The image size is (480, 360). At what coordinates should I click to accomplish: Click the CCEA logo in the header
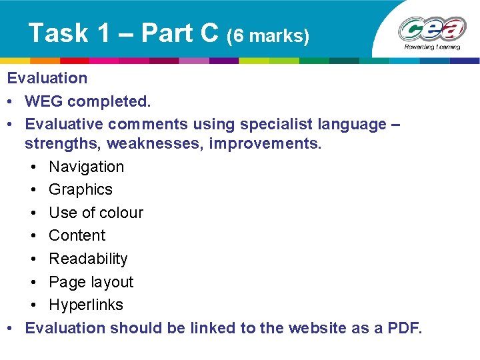432,31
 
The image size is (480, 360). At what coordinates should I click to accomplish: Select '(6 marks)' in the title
269,35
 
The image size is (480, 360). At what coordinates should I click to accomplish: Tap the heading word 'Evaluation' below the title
47,78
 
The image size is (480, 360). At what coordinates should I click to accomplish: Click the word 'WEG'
43,101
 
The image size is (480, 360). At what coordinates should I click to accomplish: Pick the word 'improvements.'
265,144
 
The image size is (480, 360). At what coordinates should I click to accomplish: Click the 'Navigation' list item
87,167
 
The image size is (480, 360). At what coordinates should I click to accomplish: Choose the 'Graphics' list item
81,189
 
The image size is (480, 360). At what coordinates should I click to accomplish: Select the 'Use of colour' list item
96,213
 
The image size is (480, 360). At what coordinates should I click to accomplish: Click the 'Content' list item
77,235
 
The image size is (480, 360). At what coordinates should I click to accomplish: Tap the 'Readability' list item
88,259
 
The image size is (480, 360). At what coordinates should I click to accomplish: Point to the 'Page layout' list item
91,282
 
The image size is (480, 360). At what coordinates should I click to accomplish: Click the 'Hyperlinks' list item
86,305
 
